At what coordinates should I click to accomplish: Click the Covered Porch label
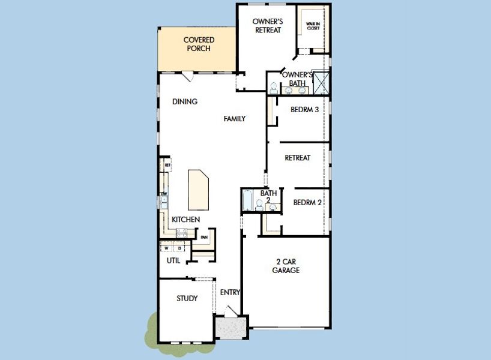pos(199,44)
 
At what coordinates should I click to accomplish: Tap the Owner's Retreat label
pos(267,26)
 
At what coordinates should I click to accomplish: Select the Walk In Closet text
pos(313,26)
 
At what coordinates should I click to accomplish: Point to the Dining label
pos(185,101)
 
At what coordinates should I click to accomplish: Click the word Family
pos(234,119)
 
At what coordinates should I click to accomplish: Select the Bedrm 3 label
pos(304,110)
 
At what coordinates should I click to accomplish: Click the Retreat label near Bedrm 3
pos(297,158)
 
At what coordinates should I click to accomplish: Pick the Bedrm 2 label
pos(307,203)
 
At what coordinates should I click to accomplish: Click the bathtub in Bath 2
pos(248,200)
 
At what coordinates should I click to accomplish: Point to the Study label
pos(187,298)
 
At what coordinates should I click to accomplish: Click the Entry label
pos(230,292)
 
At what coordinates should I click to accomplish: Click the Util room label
pos(173,261)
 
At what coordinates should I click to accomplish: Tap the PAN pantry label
pos(204,237)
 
